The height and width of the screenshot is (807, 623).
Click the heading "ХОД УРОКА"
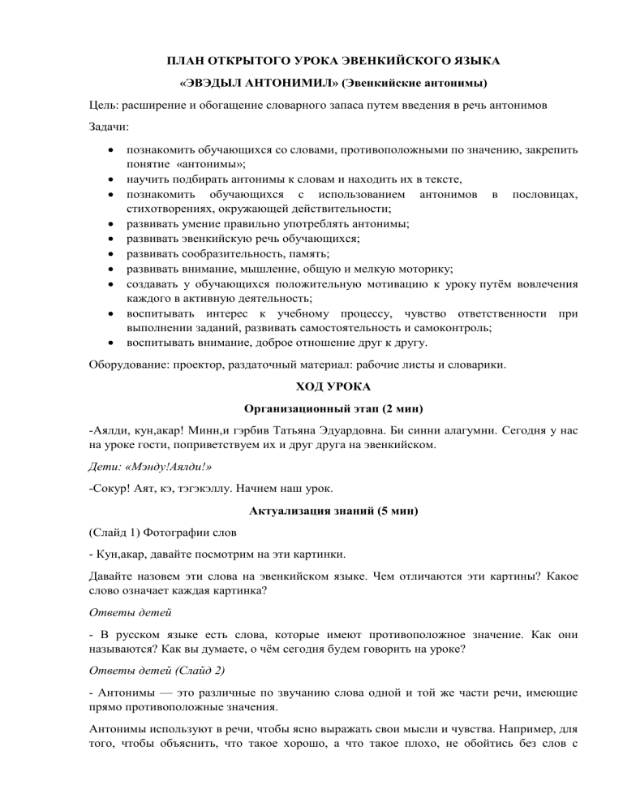point(311,388)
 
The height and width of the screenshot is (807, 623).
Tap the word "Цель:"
point(106,106)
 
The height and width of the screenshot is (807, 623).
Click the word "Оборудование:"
point(128,365)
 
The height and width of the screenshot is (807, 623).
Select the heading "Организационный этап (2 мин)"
point(311,411)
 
